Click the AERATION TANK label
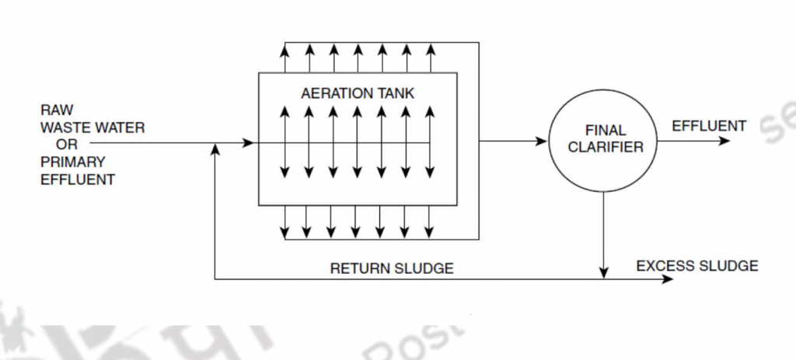[x=357, y=93]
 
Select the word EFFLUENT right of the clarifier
[x=708, y=126]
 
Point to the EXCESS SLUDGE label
[x=696, y=266]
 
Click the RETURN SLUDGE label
[x=392, y=269]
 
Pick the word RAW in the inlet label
[x=58, y=111]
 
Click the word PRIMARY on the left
[x=72, y=162]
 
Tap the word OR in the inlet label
[x=67, y=144]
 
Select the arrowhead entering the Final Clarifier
[x=543, y=142]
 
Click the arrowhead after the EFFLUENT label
[x=725, y=142]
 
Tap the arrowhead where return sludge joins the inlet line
[x=214, y=149]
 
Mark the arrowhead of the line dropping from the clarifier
[x=603, y=273]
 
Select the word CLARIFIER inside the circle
[x=606, y=148]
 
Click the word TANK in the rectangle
[x=397, y=93]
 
